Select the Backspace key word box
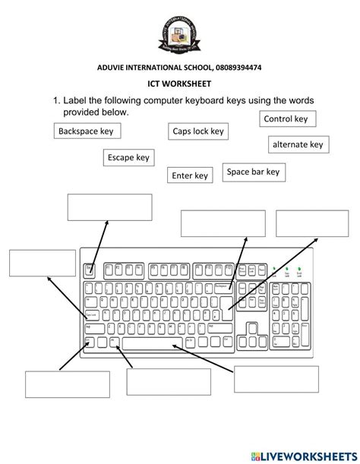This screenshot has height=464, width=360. [x=87, y=132]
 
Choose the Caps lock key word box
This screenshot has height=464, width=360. [x=198, y=132]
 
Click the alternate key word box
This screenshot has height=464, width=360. [x=298, y=144]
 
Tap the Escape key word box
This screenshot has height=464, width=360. [x=128, y=158]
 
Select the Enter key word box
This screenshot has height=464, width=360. [x=190, y=176]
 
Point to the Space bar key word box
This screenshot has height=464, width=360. [x=254, y=172]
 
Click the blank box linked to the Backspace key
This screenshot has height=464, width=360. [x=223, y=223]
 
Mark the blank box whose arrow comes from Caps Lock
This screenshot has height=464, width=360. [x=32, y=262]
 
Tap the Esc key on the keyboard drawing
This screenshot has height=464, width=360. [x=89, y=268]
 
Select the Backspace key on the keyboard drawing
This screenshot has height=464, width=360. [x=223, y=286]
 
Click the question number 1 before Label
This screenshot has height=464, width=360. [x=57, y=101]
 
